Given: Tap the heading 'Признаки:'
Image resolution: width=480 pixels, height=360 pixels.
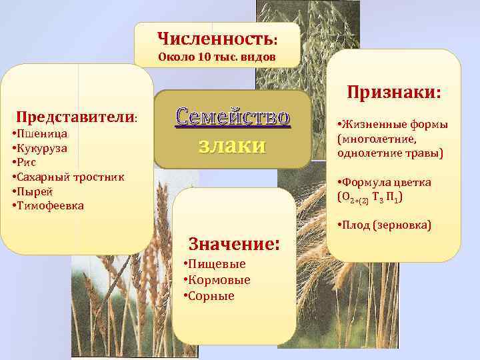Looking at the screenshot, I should point(393,93).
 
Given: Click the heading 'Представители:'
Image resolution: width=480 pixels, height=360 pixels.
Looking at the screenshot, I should point(77,116).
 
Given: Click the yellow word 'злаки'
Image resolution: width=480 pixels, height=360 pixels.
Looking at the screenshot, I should point(233,145).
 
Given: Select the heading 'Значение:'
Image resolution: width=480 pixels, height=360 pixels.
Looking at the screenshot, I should point(234,242).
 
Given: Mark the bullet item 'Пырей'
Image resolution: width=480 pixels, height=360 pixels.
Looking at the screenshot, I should point(35,192).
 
